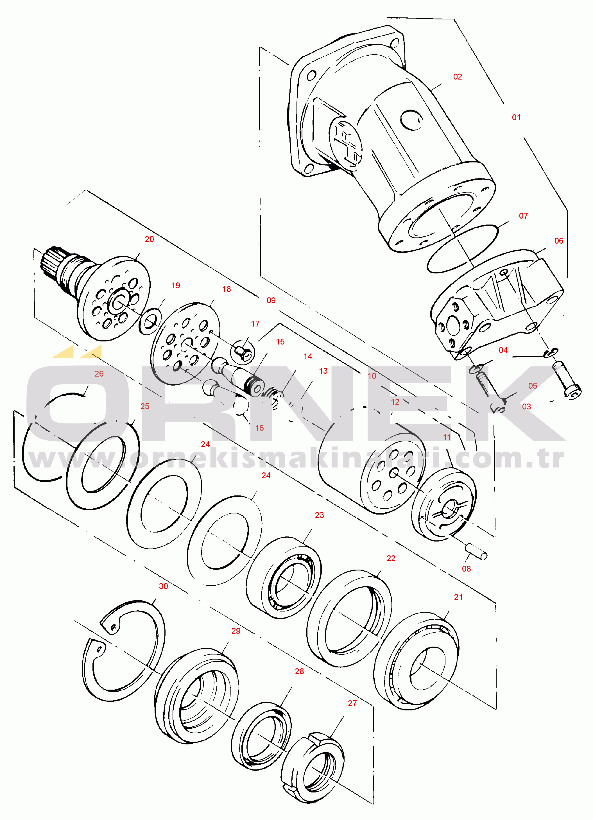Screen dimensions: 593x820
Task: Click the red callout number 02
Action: click(x=458, y=77)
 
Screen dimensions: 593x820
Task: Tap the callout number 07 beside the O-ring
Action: click(x=523, y=216)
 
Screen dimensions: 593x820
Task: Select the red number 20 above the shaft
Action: click(x=149, y=239)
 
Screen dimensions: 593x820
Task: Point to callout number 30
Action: click(x=164, y=586)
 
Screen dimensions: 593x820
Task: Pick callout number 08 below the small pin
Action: click(x=467, y=569)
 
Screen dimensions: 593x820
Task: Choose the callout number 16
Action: click(x=260, y=428)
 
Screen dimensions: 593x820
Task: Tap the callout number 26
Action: click(x=99, y=374)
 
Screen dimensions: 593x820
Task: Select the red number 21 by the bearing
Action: click(x=458, y=597)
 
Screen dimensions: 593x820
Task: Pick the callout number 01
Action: click(x=516, y=117)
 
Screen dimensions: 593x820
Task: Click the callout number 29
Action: click(x=236, y=631)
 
